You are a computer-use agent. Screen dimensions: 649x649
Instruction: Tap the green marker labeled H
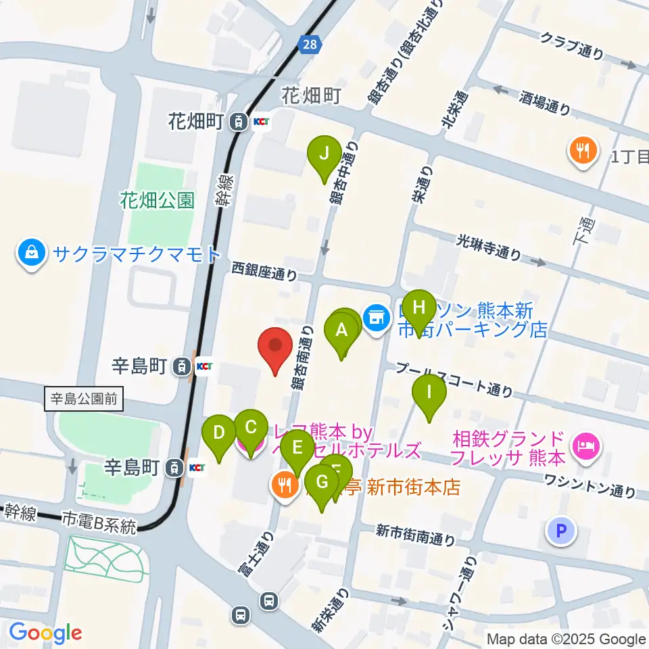coord(419,308)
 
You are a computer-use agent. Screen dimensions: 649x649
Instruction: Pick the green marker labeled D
coord(218,433)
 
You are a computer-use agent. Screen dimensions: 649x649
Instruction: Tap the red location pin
coord(276,346)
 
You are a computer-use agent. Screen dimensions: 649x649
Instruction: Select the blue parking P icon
coord(561,531)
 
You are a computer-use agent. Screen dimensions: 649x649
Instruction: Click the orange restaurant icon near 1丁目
coord(582,149)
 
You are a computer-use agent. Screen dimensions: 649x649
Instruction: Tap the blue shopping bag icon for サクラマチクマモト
coord(32,254)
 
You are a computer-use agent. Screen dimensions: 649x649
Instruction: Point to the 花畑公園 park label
coord(158,200)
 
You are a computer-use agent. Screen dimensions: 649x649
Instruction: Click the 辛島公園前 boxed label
coord(85,398)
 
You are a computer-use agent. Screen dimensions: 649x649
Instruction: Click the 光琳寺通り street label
coord(489,247)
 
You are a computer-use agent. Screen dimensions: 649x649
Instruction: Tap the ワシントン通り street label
coord(592,485)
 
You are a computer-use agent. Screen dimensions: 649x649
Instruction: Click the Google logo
coord(45,633)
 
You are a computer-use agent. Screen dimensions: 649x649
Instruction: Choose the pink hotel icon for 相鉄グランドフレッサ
coord(585,445)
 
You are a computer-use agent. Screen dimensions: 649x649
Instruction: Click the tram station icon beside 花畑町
coord(238,122)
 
